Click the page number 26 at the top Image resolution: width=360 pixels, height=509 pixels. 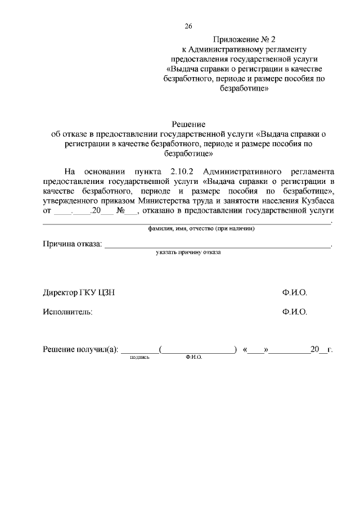click(188, 26)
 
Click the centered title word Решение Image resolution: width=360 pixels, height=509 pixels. click(188, 124)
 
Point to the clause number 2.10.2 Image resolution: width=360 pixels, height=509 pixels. click(181, 171)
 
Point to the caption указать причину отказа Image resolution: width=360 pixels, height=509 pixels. click(188, 253)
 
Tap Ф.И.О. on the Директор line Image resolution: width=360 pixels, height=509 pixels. click(295, 294)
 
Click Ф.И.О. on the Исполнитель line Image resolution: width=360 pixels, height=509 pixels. click(295, 312)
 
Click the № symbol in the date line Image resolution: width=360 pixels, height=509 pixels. click(120, 210)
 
